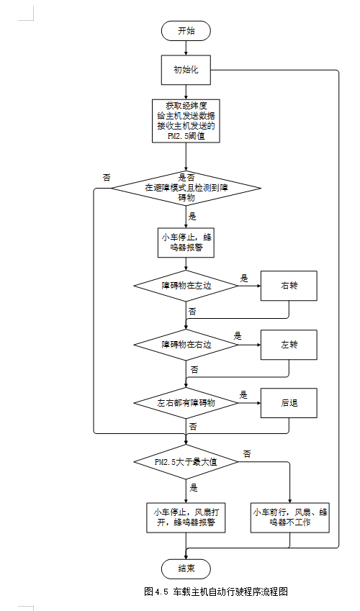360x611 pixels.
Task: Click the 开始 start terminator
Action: click(x=186, y=31)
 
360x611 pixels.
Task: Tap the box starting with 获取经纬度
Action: click(x=186, y=120)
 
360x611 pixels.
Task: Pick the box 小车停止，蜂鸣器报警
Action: click(x=186, y=242)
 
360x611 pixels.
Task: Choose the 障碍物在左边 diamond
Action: click(x=186, y=285)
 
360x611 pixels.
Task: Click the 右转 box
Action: click(x=289, y=286)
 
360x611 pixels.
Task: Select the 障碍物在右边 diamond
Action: click(x=186, y=344)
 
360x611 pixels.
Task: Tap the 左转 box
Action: click(x=289, y=345)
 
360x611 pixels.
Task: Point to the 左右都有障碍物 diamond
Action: click(x=186, y=403)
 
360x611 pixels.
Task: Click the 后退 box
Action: click(x=289, y=404)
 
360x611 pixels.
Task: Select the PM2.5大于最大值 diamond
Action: click(x=186, y=462)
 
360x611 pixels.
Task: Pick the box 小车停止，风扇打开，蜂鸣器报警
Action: click(x=186, y=517)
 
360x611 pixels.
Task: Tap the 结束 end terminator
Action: click(x=186, y=567)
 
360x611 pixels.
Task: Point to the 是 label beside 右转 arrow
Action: click(x=244, y=278)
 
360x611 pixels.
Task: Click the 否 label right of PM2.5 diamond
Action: click(x=247, y=453)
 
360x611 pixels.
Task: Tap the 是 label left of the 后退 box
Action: click(x=243, y=395)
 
